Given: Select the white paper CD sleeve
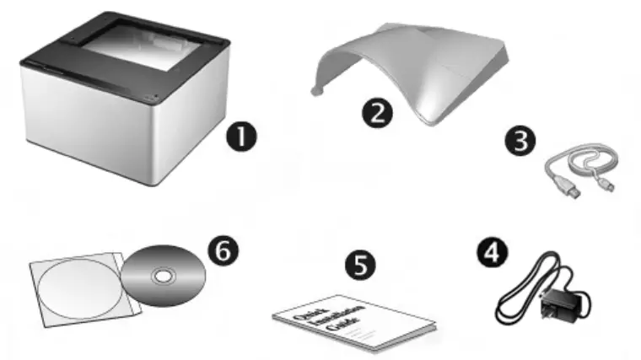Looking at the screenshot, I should point(72,291).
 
